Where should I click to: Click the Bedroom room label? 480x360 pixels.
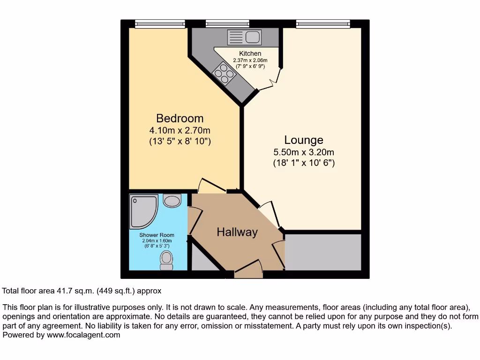click(180, 119)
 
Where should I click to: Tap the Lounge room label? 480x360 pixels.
click(304, 140)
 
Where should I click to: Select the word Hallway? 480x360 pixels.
click(237, 232)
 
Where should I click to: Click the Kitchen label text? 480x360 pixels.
click(250, 53)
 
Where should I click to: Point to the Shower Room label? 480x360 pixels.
click(157, 235)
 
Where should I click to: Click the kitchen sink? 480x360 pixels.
click(244, 37)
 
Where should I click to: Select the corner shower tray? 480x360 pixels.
click(143, 211)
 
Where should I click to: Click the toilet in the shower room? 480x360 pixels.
click(166, 260)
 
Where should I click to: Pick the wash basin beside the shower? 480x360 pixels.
click(172, 201)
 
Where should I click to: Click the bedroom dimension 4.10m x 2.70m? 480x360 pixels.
click(180, 130)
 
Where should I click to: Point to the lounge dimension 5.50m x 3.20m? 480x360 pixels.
click(304, 152)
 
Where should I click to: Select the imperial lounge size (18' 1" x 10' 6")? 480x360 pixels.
click(304, 163)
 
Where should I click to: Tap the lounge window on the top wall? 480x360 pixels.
click(323, 23)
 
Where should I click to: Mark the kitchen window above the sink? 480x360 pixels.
click(227, 23)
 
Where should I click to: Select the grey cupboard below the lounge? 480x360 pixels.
click(323, 252)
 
